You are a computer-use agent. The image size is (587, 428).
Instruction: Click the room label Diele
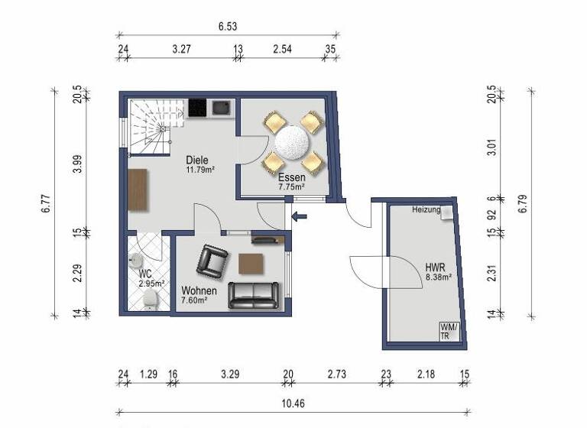pyautogui.click(x=197, y=160)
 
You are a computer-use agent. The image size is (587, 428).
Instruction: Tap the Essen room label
pyautogui.click(x=291, y=177)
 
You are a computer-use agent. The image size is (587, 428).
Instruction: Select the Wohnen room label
pyautogui.click(x=199, y=291)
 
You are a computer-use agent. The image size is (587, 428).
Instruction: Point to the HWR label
pyautogui.click(x=435, y=268)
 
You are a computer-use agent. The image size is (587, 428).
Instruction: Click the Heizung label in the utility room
pyautogui.click(x=425, y=209)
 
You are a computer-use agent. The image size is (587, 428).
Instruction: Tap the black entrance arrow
pyautogui.click(x=300, y=216)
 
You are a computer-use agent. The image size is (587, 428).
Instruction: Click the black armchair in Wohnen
pyautogui.click(x=212, y=261)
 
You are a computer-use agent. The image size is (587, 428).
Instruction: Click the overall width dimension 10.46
pyautogui.click(x=293, y=403)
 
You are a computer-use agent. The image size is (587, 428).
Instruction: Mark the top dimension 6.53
pyautogui.click(x=227, y=26)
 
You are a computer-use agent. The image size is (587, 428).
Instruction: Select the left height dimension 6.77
pyautogui.click(x=46, y=203)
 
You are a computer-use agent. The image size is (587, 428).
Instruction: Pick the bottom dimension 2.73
pyautogui.click(x=337, y=374)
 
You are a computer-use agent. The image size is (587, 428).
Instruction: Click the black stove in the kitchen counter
pyautogui.click(x=197, y=109)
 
